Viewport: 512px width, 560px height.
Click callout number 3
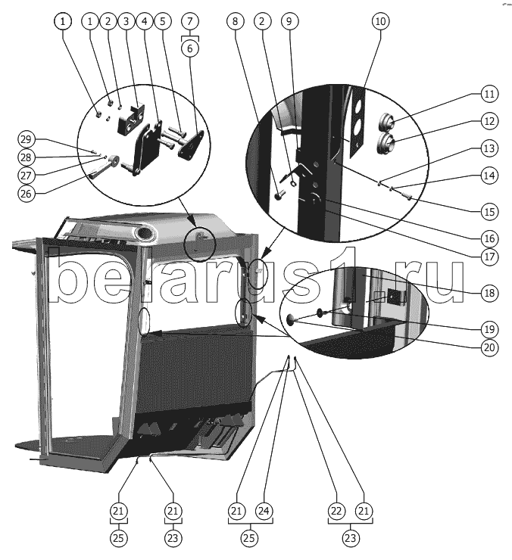click(x=125, y=22)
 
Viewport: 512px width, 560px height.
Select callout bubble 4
click(x=142, y=22)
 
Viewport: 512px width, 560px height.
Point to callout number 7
click(x=189, y=22)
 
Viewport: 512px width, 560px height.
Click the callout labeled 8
click(x=236, y=22)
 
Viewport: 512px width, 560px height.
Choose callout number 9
click(x=287, y=22)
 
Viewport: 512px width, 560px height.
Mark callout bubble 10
click(x=379, y=22)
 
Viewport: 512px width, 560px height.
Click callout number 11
click(x=489, y=95)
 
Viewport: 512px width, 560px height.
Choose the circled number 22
click(x=336, y=512)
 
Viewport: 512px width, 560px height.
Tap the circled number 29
click(x=27, y=139)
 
